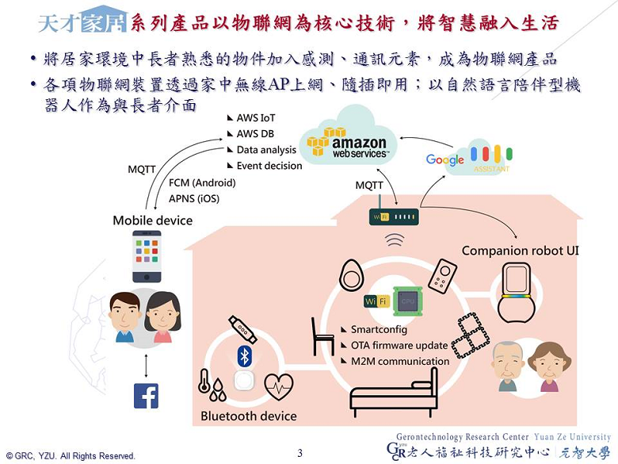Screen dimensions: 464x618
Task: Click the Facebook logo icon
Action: coord(146,396)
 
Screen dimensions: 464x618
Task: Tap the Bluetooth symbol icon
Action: coord(245,355)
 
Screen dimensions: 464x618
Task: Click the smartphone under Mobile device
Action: coord(147,256)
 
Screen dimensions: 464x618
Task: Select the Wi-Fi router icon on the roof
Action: coord(393,216)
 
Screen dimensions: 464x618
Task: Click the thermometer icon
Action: coord(205,383)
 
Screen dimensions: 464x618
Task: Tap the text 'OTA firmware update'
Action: coord(399,345)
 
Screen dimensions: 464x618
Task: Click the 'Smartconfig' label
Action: coord(379,329)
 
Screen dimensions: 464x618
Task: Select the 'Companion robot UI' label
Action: coord(520,251)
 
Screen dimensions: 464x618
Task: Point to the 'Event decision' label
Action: coord(269,166)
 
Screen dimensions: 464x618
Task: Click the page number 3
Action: coord(300,453)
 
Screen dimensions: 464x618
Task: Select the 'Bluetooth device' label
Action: coord(248,416)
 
